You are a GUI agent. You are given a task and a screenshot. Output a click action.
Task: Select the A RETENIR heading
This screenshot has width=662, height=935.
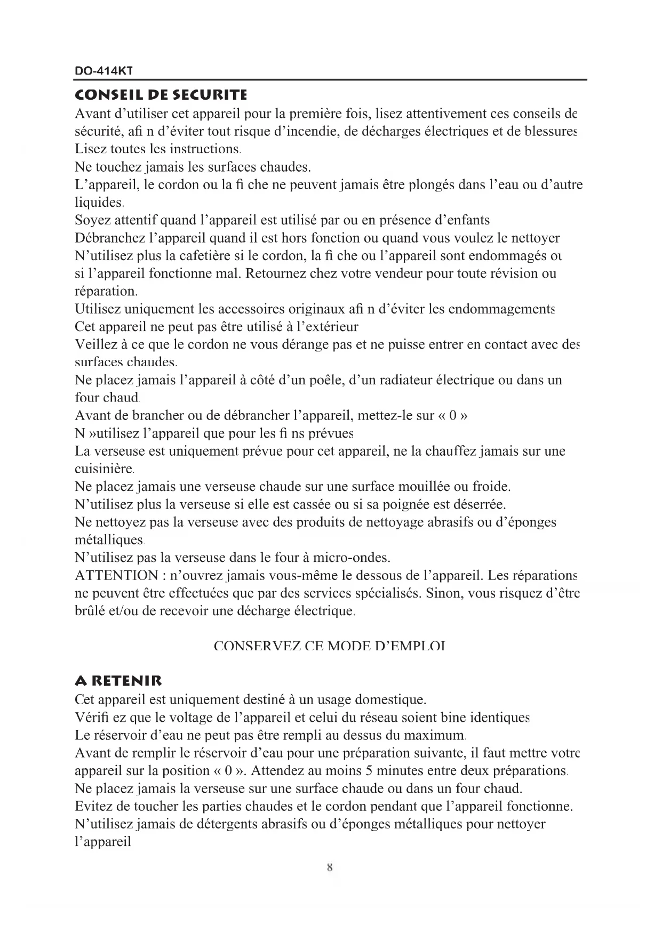(118, 681)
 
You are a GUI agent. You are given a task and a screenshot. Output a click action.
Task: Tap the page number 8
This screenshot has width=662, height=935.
(330, 867)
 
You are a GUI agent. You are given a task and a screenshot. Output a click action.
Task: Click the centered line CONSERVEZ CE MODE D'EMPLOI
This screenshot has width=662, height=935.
(329, 647)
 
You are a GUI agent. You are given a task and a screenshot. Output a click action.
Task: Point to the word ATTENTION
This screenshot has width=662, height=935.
(116, 576)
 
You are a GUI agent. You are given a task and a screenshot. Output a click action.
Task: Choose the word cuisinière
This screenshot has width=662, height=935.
(103, 469)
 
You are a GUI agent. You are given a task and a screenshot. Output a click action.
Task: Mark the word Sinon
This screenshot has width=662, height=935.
(443, 593)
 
